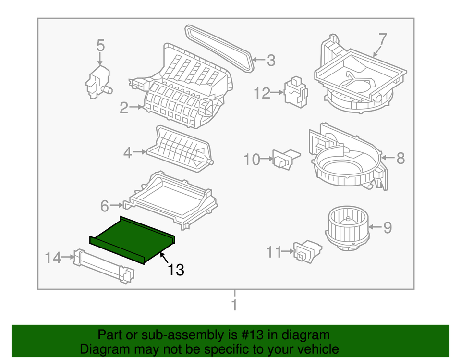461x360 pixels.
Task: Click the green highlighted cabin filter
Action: [x=132, y=239]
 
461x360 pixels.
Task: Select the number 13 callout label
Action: [x=176, y=270]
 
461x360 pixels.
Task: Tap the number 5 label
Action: [x=100, y=46]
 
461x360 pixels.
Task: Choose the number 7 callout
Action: [x=383, y=38]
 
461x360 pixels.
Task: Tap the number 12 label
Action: [x=263, y=93]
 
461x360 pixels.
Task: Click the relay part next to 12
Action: [x=295, y=90]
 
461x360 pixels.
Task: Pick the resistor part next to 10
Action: [x=285, y=159]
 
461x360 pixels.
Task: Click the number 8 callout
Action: [x=400, y=158]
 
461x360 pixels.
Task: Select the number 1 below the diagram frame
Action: [x=234, y=305]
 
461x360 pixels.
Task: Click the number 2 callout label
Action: [x=124, y=108]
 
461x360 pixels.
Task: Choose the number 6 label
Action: [x=105, y=206]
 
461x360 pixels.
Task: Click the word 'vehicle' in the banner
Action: [x=316, y=349]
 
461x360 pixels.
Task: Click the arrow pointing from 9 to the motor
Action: [x=375, y=227]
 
